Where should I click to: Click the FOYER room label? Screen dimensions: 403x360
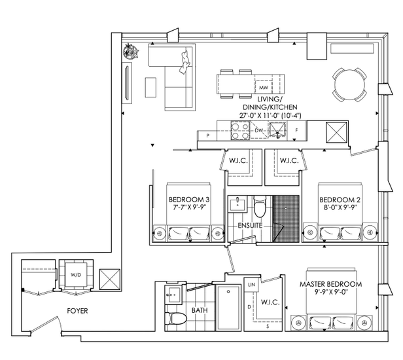[77, 311]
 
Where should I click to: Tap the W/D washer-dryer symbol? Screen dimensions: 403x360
[76, 275]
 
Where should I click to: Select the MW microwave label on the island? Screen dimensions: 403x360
[264, 88]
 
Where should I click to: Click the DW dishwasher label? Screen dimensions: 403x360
[259, 130]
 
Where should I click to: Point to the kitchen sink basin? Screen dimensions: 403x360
[277, 130]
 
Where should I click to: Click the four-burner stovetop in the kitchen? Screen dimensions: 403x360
[240, 131]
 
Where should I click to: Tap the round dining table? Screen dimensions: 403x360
[349, 85]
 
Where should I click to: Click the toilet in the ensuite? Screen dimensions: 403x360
[260, 206]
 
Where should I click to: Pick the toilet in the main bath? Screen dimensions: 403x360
[175, 318]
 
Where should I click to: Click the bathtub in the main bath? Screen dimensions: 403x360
[228, 308]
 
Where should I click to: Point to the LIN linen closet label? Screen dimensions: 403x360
[252, 285]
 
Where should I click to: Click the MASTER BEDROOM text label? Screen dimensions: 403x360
[331, 284]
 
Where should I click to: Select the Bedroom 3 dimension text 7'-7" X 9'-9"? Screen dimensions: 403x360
[190, 207]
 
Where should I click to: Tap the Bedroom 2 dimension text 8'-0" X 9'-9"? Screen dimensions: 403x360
[340, 207]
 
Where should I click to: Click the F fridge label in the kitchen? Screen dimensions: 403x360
[296, 130]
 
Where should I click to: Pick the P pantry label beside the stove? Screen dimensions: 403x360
[207, 135]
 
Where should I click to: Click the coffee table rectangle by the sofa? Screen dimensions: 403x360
[150, 88]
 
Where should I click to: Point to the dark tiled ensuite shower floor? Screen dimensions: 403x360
[286, 219]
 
